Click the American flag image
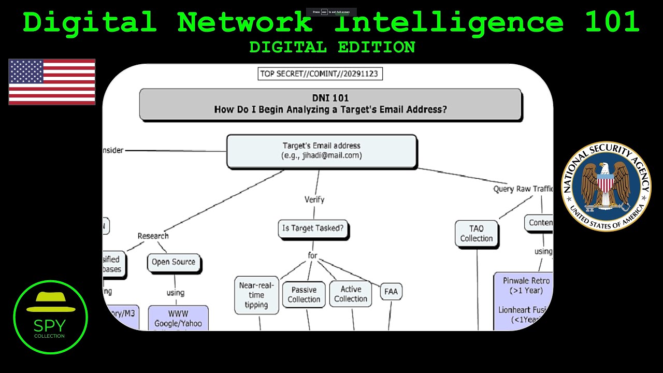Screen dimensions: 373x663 [x=52, y=82]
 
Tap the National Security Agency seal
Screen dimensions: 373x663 [x=606, y=187]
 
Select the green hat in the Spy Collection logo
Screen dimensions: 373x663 [x=51, y=303]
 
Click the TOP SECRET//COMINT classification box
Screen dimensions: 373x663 [x=320, y=74]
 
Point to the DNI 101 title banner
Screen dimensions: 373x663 [x=330, y=104]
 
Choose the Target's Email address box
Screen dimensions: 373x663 [x=322, y=151]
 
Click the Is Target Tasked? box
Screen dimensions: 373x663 [x=313, y=228]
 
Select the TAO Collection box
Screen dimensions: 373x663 [x=476, y=234]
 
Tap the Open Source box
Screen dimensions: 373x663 [x=174, y=262]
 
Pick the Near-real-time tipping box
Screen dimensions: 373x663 [x=256, y=295]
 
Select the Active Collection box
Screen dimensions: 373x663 [x=351, y=294]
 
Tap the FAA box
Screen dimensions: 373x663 [x=391, y=292]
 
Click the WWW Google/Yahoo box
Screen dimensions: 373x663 [x=178, y=318]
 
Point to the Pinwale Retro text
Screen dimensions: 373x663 [x=526, y=281]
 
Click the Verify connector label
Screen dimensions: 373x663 [x=314, y=199]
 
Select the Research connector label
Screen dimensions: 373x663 [x=153, y=236]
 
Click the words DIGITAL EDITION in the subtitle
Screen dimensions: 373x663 [x=332, y=47]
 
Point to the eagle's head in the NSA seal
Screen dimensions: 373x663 [x=604, y=168]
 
